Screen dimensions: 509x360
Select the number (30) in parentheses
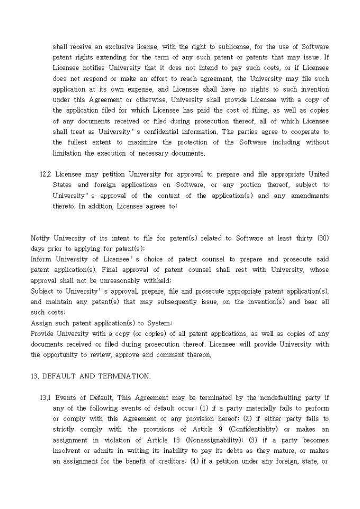point(323,238)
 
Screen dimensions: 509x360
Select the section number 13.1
point(46,398)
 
